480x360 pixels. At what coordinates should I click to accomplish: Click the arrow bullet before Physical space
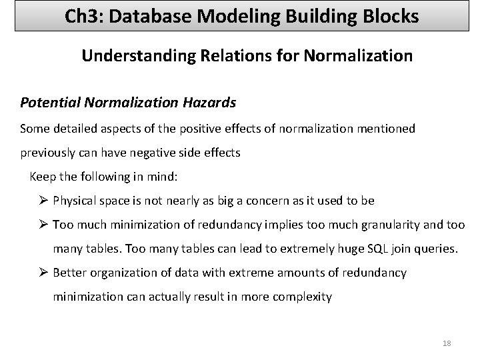[44, 200]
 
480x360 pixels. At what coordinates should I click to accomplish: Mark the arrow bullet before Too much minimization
[44, 225]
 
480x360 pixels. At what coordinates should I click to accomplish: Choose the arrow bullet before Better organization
[44, 273]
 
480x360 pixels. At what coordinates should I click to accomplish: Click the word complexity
[302, 297]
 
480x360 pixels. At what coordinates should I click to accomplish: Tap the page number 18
[447, 343]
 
